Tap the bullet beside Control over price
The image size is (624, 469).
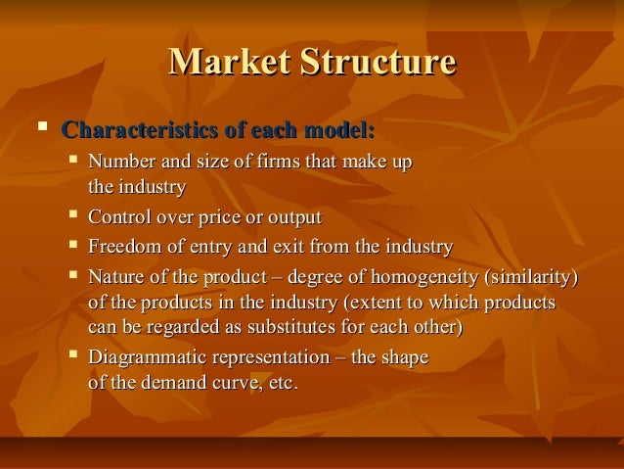point(75,215)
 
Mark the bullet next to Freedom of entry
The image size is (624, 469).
point(75,245)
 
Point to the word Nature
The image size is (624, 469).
point(113,276)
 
